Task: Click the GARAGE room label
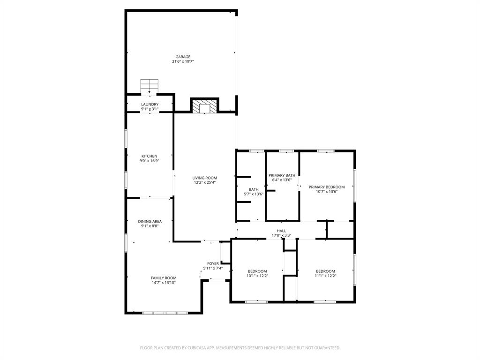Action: (x=183, y=57)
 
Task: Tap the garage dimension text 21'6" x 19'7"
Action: (x=183, y=61)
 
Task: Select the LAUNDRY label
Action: (x=150, y=105)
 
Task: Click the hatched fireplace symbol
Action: (x=204, y=106)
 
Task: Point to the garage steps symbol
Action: (x=150, y=86)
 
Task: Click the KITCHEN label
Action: (x=150, y=156)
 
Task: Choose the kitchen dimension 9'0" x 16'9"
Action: (x=150, y=161)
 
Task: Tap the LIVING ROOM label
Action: (x=205, y=178)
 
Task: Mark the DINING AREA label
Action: (x=150, y=221)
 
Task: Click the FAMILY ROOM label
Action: (x=164, y=278)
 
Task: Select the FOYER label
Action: (x=213, y=263)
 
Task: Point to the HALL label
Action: (x=281, y=231)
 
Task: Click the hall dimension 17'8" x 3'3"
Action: (x=281, y=235)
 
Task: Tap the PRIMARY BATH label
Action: (x=282, y=175)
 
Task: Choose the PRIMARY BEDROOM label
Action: (x=327, y=187)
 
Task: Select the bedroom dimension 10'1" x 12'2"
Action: (x=257, y=276)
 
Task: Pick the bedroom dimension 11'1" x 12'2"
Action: (x=325, y=276)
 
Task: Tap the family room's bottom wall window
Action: (x=165, y=313)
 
